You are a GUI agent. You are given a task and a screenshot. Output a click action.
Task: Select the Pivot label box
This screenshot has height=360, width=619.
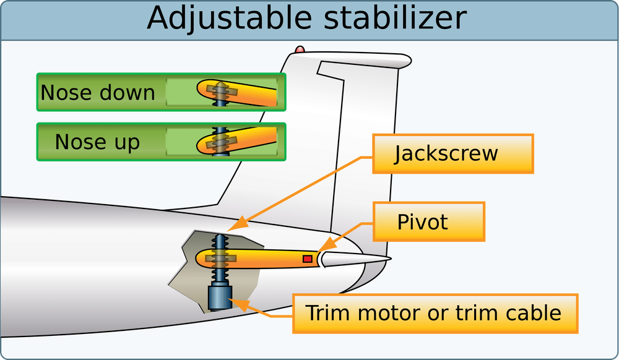coord(429,221)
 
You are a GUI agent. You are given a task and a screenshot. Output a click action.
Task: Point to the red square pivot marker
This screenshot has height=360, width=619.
coord(307,259)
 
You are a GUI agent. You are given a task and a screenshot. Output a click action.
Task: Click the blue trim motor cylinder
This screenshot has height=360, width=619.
coord(219,296)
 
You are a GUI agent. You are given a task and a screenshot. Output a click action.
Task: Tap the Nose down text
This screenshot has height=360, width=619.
coord(98,93)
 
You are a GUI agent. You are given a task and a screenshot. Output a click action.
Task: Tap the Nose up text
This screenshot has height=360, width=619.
coord(97,142)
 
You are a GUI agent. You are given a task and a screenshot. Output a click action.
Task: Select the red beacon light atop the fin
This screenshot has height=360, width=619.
coord(300,49)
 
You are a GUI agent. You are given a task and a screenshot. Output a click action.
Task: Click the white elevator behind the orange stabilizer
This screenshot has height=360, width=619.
coord(353,259)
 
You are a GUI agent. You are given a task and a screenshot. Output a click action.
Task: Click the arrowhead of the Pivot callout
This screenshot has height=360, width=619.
coord(321,249)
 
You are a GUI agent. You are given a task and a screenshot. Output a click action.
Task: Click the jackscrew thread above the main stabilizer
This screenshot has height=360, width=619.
coord(219,242)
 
